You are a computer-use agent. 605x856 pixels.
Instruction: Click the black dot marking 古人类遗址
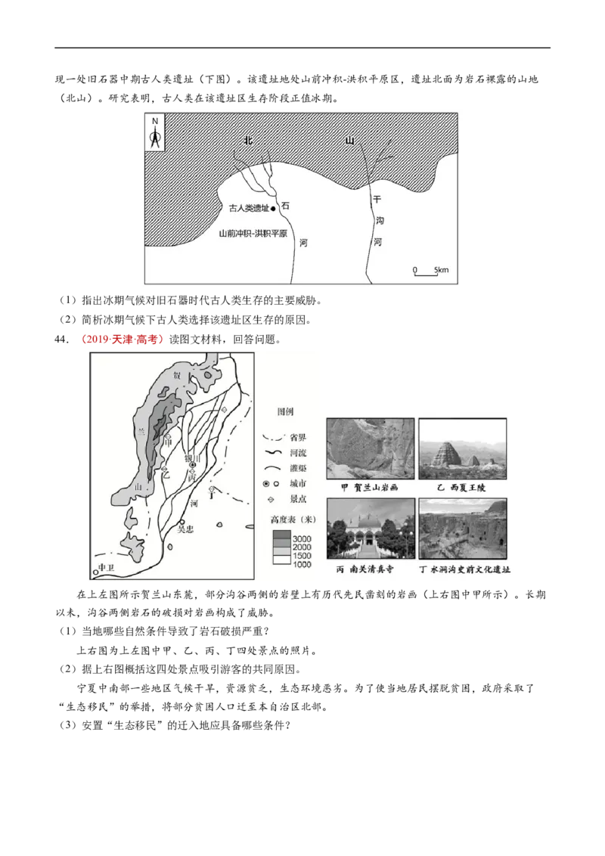tap(274, 208)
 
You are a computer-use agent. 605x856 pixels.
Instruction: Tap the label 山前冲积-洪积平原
tap(253, 234)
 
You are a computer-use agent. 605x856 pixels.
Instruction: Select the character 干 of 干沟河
tap(376, 200)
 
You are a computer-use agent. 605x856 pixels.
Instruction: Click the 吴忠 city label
tap(185, 529)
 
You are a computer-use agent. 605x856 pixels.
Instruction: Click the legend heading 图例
tap(285, 412)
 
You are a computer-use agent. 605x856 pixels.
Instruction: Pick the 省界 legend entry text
tap(297, 437)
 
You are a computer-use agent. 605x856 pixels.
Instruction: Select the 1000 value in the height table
tap(302, 564)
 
